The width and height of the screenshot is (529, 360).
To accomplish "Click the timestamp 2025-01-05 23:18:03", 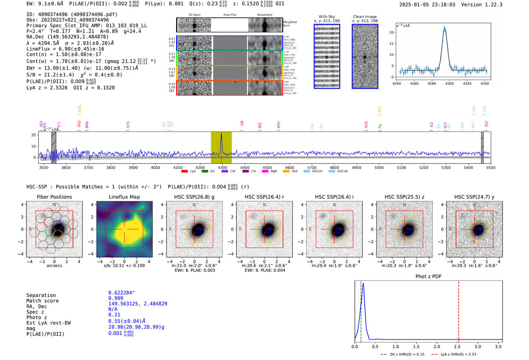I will coord(427,5).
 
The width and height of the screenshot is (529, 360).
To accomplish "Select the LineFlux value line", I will coord(65,49).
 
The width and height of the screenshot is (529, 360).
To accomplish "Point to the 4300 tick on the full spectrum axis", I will coord(223,167).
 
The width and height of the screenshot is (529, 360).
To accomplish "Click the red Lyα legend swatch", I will coord(185,171).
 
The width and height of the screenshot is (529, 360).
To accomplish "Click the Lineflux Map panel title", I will coord(124,197).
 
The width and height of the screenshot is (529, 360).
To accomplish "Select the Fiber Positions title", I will coord(54,197).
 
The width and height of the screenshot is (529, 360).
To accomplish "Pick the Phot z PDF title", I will coord(428,276).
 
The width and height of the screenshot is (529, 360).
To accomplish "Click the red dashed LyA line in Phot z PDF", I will coord(458,310).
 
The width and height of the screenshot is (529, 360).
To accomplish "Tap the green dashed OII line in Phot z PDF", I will coord(361,310).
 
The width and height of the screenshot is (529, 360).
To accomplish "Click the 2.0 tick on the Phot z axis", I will coord(437,346).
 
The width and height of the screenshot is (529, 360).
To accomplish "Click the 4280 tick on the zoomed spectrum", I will coord(432,83).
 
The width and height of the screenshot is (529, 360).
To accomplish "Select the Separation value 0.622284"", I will coord(121,293).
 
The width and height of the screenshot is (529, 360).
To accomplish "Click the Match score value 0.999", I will coord(116,298).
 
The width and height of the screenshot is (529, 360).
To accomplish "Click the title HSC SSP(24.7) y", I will coord(474,197).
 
